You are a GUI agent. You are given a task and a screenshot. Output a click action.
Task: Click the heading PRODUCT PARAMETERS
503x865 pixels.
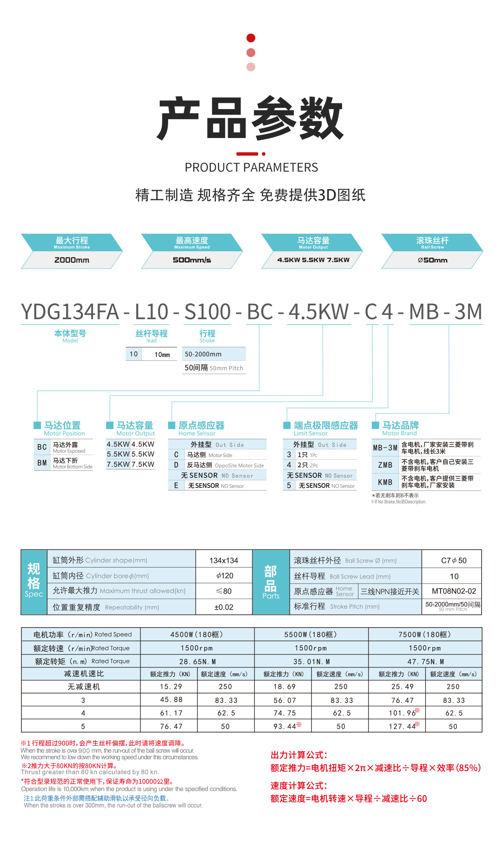click(251, 167)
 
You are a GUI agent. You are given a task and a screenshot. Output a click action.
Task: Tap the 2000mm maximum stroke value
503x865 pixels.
click(72, 260)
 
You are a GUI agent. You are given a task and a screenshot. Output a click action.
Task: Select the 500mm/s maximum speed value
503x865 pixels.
click(192, 260)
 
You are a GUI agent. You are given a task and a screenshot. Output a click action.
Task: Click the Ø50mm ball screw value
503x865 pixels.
click(433, 260)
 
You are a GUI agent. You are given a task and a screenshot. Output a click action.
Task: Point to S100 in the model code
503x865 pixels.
click(207, 312)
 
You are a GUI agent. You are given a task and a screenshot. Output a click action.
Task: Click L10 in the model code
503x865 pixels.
click(151, 312)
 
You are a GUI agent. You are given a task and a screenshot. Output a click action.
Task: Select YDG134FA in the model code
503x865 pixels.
click(70, 312)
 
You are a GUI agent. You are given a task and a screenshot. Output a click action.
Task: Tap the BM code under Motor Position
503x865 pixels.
click(42, 463)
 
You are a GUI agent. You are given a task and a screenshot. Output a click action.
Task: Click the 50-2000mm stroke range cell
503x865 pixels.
click(203, 354)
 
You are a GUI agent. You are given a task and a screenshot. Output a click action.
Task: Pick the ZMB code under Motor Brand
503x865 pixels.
click(385, 465)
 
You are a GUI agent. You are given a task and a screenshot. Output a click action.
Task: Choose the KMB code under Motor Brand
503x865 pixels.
click(385, 482)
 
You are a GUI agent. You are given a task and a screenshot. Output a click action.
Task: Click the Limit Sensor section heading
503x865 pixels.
click(326, 426)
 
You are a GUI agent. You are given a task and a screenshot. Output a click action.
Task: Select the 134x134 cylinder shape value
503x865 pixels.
click(224, 560)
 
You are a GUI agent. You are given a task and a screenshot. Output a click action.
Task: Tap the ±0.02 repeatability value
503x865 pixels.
click(224, 607)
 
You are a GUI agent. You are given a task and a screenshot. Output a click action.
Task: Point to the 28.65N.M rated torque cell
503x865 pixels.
click(197, 662)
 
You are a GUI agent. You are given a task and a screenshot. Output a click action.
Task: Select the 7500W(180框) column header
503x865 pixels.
click(425, 635)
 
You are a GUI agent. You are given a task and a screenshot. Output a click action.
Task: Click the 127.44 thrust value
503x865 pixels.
click(402, 727)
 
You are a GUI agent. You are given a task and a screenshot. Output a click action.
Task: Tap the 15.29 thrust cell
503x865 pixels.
click(171, 687)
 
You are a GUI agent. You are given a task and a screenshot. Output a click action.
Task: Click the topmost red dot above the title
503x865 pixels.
click(251, 38)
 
